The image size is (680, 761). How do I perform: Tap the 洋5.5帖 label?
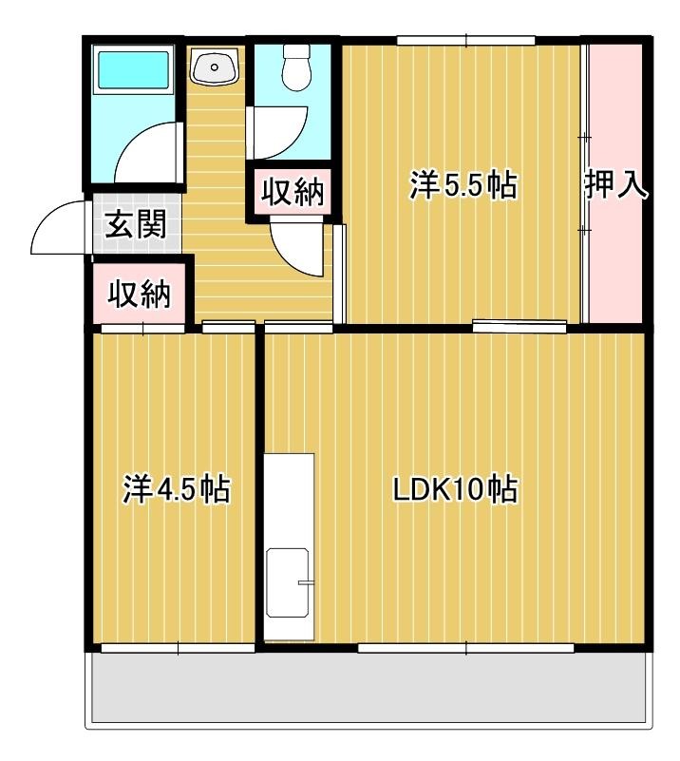pyautogui.click(x=463, y=186)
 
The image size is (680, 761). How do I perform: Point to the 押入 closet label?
pyautogui.click(x=616, y=186)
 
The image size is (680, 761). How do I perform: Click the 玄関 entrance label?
pyautogui.click(x=136, y=225)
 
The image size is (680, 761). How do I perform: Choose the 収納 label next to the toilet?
pyautogui.click(x=293, y=193)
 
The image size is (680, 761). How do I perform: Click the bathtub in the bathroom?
pyautogui.click(x=133, y=68)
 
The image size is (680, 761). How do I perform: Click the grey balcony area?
pyautogui.click(x=370, y=689)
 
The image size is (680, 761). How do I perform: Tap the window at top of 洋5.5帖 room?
pyautogui.click(x=464, y=40)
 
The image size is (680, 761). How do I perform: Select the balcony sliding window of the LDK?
pyautogui.click(x=465, y=649)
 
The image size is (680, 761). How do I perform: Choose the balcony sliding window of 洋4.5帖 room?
pyautogui.click(x=178, y=649)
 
